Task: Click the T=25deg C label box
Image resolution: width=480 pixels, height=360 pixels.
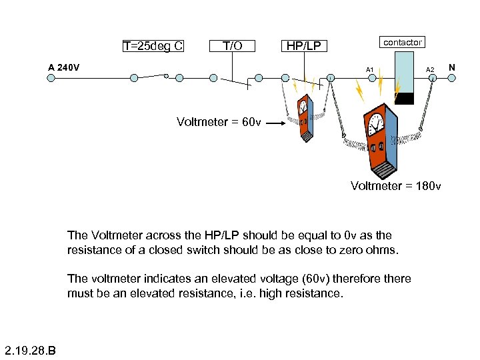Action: coord(153,46)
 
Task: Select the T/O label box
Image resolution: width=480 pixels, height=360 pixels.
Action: coord(232,46)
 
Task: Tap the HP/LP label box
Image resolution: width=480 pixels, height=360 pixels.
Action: coord(303,46)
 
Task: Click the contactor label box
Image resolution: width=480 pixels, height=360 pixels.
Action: coord(402,43)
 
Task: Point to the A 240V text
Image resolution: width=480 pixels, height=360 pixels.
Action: coord(64,67)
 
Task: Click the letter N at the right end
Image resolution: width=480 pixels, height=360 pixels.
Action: coord(452,67)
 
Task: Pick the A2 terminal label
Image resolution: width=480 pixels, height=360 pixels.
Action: coord(430,69)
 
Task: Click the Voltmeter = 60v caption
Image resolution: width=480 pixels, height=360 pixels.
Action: coord(219,122)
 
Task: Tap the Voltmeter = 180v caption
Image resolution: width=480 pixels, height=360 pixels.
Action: coord(395,185)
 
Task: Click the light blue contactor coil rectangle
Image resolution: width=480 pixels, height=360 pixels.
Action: coord(404,72)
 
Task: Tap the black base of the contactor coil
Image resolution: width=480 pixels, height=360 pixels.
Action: coord(404,98)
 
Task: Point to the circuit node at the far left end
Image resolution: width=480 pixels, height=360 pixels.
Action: coord(49,78)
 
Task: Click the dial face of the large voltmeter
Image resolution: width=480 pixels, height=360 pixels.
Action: coord(374,123)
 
